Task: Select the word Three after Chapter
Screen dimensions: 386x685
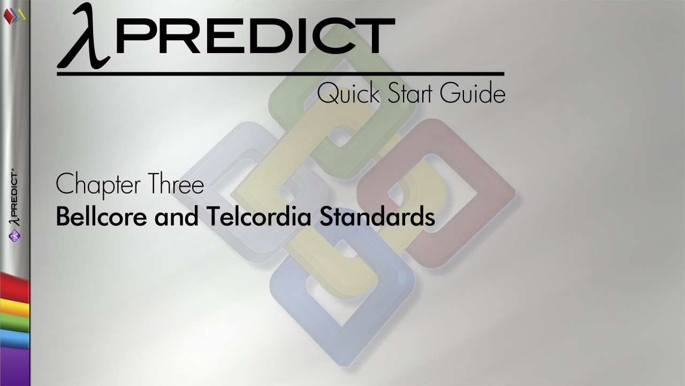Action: click(177, 185)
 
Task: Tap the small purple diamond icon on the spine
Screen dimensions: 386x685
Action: click(15, 234)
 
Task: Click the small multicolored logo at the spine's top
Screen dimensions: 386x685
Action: click(14, 14)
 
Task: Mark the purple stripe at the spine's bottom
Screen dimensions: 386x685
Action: click(14, 365)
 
